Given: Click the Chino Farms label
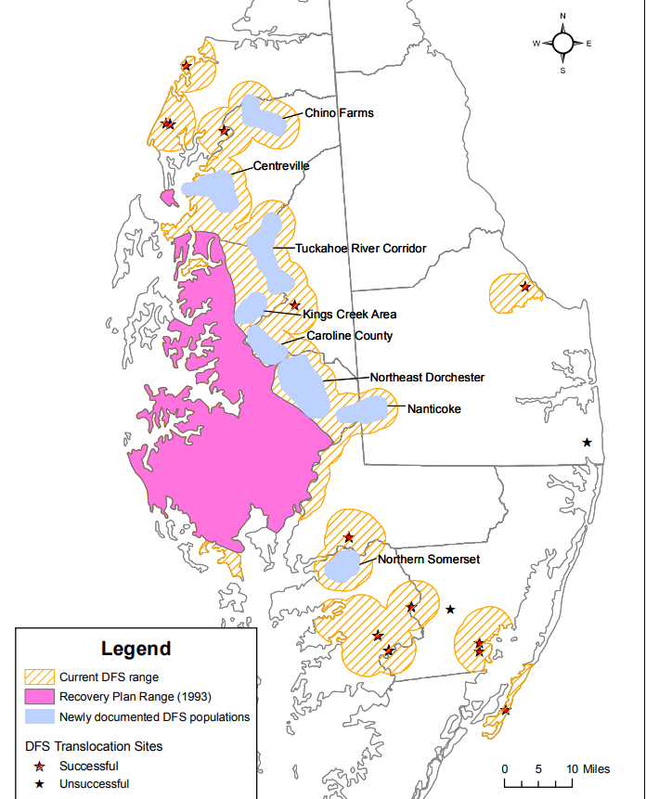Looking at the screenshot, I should coord(339,113).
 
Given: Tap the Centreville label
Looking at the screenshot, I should coord(281,166).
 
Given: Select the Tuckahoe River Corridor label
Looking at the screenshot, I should coord(360,249).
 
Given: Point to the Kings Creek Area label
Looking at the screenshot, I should coord(349,315).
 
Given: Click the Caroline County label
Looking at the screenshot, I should coord(350,336).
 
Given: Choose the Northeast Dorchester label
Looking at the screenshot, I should coord(427,378).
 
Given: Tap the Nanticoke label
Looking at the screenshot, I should coord(433,408).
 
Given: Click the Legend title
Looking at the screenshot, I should coord(136,649).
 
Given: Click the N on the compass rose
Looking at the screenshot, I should coord(563,17).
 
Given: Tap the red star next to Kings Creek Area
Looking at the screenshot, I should coord(294,305).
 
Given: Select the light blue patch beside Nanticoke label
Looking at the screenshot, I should coord(363,410).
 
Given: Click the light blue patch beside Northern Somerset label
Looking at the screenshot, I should coord(342,565).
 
